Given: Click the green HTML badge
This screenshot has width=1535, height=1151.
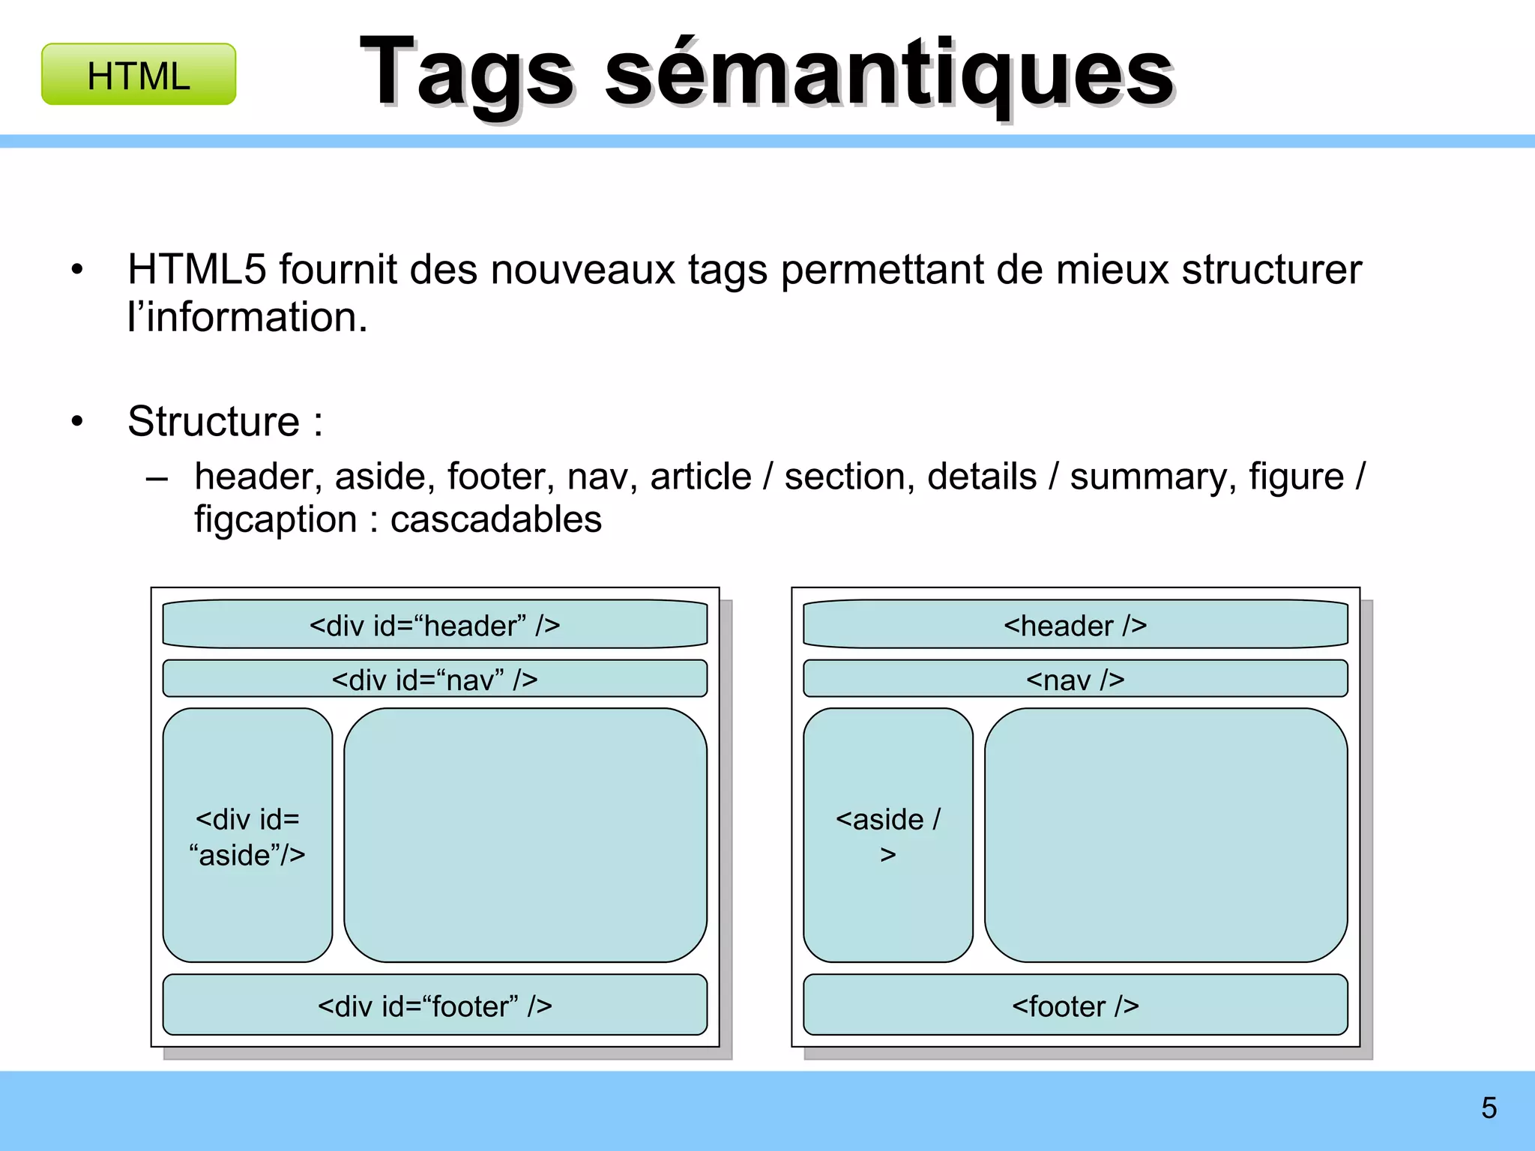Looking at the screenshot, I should click(x=139, y=75).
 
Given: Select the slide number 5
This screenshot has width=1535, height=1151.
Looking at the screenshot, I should click(x=1489, y=1108).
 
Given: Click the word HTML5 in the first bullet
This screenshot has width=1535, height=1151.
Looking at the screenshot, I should click(x=196, y=270).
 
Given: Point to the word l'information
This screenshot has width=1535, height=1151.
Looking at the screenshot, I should click(x=247, y=318).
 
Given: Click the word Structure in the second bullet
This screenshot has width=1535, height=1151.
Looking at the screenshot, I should click(x=214, y=421).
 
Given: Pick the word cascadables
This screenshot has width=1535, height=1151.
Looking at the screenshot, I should click(x=495, y=519).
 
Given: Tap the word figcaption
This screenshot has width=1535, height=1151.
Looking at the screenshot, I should click(x=275, y=519).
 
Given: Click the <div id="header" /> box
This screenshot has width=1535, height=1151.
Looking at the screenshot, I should click(x=435, y=624).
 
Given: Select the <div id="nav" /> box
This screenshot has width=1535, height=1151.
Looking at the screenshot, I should click(x=435, y=679).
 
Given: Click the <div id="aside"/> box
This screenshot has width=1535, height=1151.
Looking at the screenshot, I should click(x=247, y=836).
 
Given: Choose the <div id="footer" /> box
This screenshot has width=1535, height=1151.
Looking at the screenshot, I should click(x=435, y=1006).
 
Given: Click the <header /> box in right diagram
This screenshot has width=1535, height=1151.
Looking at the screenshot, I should click(x=1075, y=624).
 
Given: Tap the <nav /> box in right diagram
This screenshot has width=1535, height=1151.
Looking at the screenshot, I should click(x=1075, y=679).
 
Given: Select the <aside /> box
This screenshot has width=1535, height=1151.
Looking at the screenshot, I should click(x=887, y=836).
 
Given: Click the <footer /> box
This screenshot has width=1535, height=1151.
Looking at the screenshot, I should click(x=1075, y=1006).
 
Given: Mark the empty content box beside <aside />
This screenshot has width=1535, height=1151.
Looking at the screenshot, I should click(x=1165, y=836).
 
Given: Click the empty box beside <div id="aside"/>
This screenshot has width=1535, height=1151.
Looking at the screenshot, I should click(x=525, y=836).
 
